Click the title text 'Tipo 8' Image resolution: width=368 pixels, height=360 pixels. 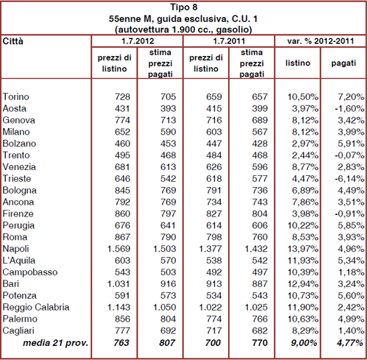184,7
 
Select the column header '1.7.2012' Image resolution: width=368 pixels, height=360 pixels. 138,40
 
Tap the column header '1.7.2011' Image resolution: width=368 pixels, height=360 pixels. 229,40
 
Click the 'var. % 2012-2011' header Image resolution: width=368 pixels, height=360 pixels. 321,40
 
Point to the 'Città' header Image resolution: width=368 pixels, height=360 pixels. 13,40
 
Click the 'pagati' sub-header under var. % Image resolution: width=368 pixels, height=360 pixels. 344,63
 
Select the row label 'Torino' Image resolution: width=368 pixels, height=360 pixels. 15,96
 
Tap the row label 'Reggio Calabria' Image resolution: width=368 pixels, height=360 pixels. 36,307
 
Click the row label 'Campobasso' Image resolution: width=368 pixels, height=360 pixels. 30,272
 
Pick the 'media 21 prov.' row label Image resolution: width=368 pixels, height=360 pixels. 55,342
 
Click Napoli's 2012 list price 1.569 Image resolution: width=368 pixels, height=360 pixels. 118,249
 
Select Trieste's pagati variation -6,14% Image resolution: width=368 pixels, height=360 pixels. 350,179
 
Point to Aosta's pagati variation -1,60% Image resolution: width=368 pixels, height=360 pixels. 350,108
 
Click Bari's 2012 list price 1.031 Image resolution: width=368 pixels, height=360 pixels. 118,284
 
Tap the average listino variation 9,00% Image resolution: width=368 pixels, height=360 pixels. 304,342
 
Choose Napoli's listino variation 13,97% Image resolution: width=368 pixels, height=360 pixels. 303,249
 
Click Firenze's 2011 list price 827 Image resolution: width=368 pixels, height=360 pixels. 214,213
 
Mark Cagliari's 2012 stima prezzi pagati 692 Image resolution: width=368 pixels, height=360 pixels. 169,331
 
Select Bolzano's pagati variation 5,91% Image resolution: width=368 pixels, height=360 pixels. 351,144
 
